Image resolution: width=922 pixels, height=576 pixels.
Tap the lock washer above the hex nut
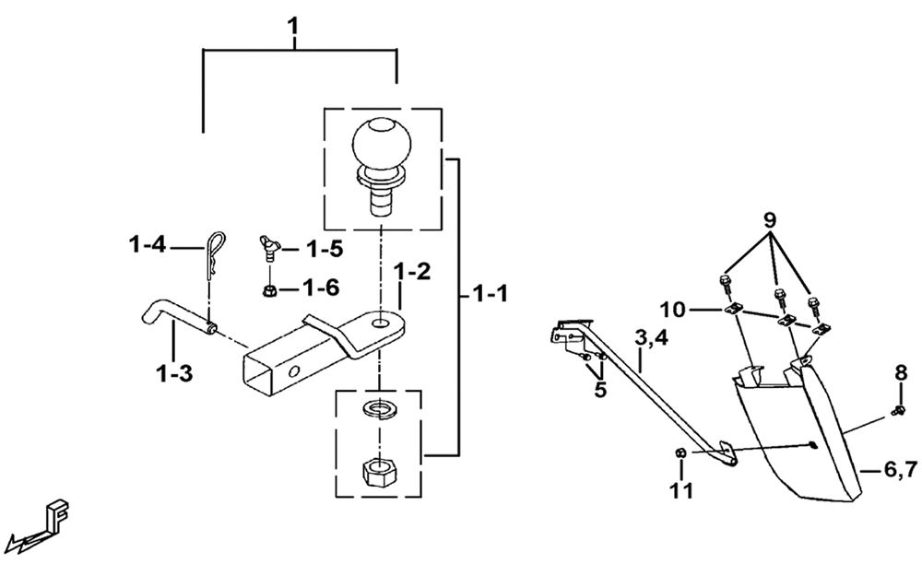point(379,408)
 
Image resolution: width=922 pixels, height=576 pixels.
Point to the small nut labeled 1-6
point(269,289)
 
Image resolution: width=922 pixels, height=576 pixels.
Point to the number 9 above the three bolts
point(769,220)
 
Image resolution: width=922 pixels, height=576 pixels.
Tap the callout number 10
point(672,309)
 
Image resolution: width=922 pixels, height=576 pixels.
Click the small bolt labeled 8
point(899,409)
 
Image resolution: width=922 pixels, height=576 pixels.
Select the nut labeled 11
point(680,453)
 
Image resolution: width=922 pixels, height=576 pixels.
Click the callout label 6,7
point(900,470)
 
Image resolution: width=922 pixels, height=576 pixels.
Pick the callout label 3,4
point(651,338)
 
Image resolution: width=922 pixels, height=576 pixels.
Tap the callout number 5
point(600,389)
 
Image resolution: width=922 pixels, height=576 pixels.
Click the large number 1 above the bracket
point(293,27)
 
